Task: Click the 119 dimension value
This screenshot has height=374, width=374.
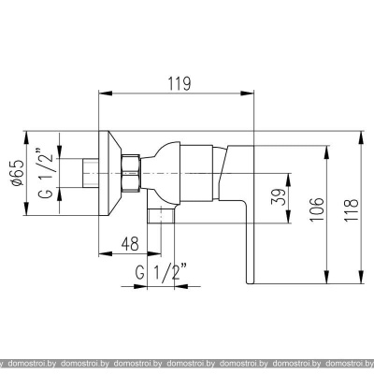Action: pos(180,83)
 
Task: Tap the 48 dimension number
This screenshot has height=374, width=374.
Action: pos(130,244)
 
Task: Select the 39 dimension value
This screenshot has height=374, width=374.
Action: pos(279,196)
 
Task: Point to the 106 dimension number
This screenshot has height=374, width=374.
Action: pos(317,209)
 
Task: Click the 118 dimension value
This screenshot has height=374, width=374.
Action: pos(352,210)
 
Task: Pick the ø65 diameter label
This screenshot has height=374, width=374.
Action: pos(17,173)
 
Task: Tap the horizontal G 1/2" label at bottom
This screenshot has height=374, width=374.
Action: pos(162,272)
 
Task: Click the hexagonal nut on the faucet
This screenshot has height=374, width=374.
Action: pos(131,173)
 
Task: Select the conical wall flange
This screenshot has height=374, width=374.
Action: pos(109,173)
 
